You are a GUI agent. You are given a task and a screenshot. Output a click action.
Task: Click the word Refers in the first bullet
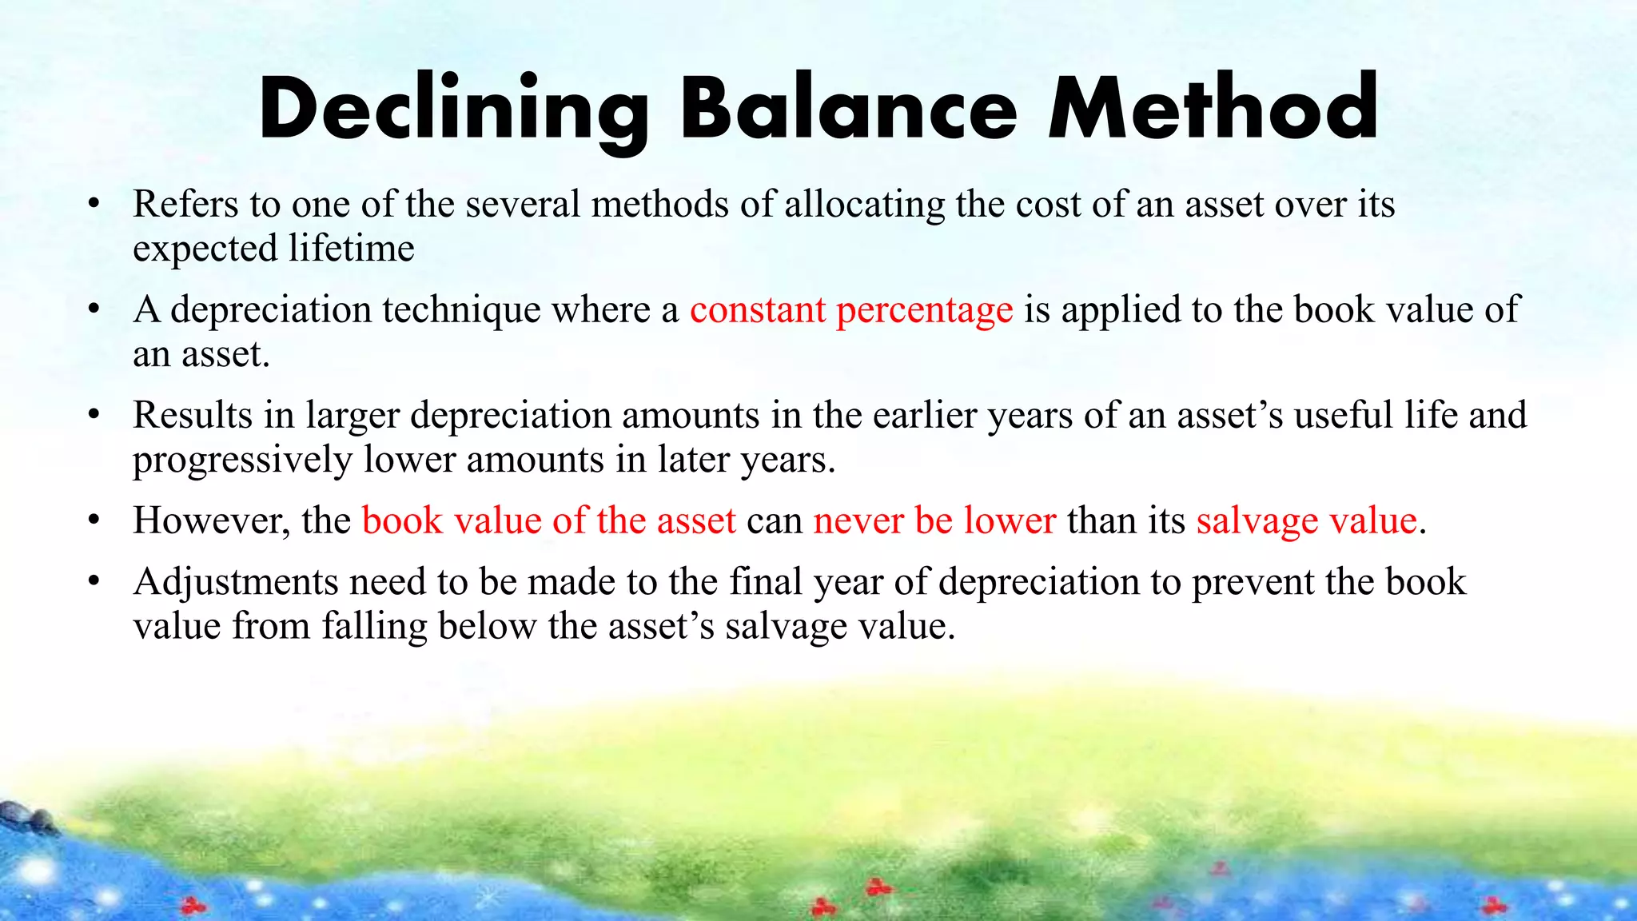[185, 204]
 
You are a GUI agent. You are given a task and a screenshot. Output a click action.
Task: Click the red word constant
[757, 309]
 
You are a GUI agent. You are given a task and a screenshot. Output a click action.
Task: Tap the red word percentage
[924, 311]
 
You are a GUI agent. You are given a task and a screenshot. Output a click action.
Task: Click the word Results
[192, 415]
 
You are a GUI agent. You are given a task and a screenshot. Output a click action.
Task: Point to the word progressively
[242, 460]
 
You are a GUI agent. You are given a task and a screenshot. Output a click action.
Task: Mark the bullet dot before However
[94, 520]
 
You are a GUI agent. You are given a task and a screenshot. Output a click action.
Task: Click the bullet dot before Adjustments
[94, 581]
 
